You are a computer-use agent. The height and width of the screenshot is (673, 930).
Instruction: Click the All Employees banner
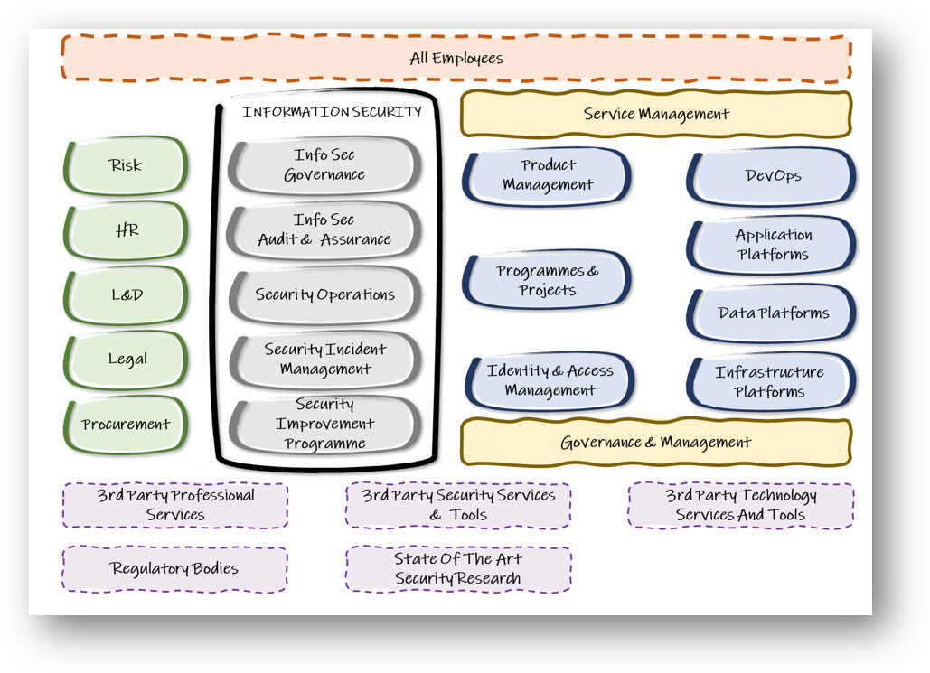tap(456, 59)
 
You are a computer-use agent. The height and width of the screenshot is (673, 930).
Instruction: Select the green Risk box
tap(126, 165)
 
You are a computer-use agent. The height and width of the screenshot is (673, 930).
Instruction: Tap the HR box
tap(127, 230)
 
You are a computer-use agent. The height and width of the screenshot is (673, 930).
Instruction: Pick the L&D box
tap(127, 294)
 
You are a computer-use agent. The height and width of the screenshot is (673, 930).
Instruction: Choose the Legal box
tap(127, 359)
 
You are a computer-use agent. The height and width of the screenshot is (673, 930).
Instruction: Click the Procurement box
tap(126, 424)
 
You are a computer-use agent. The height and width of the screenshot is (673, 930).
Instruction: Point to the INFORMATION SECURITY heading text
tap(332, 112)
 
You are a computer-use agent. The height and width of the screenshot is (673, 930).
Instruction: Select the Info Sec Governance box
tap(324, 165)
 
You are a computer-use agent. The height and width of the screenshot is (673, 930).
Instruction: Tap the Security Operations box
tap(324, 294)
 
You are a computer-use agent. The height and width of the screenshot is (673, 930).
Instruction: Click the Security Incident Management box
tap(324, 359)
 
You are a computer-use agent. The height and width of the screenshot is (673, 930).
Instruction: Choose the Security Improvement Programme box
tap(324, 424)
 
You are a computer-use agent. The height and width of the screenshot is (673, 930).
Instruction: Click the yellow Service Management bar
tap(656, 114)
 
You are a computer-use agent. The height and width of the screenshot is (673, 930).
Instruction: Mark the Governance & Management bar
tap(656, 443)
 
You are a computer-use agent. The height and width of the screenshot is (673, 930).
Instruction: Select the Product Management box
tap(548, 175)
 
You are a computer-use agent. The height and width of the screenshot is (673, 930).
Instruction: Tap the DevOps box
tap(773, 176)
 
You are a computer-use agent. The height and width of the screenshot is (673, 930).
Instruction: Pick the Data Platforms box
tap(773, 313)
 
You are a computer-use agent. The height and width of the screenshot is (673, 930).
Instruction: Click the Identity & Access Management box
tap(550, 380)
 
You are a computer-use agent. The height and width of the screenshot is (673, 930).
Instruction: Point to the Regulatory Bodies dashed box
tap(174, 568)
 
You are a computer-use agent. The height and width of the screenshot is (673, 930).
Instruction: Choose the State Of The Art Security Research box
tap(457, 568)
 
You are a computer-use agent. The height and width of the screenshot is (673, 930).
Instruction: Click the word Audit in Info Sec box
tap(277, 240)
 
